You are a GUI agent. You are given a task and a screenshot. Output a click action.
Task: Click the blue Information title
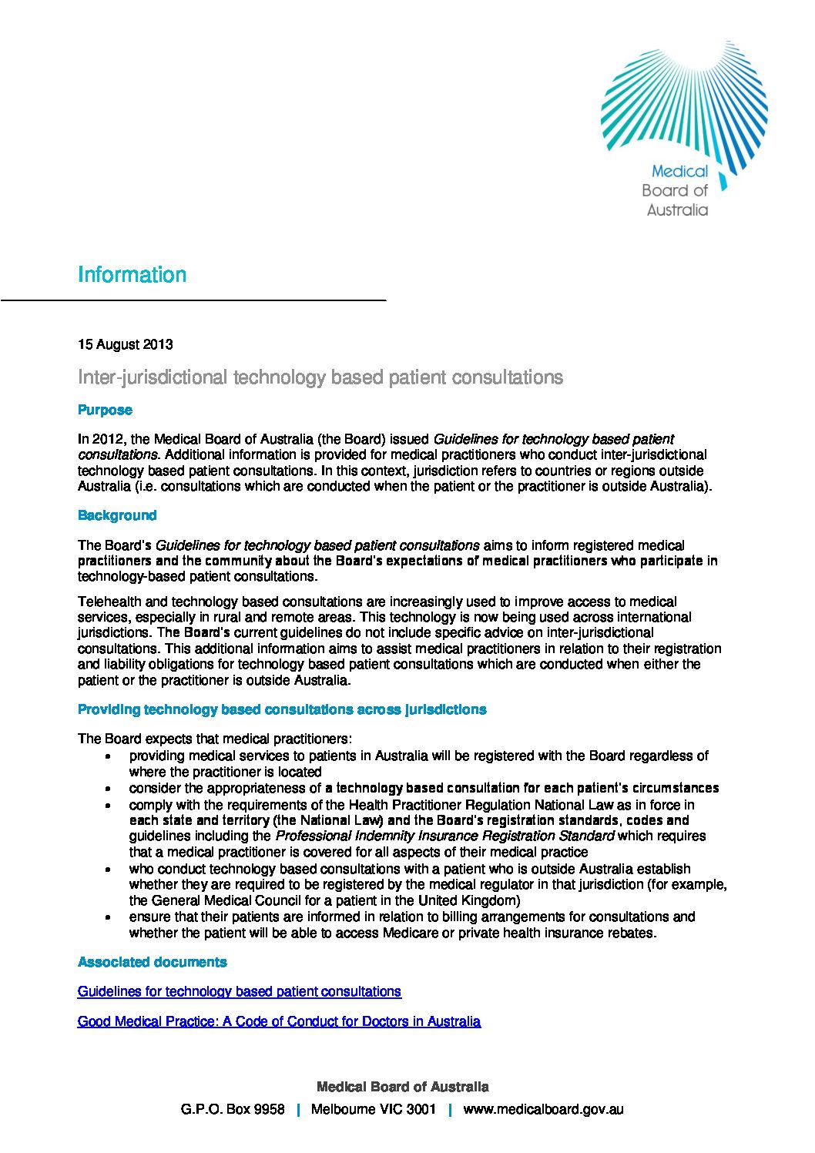click(132, 275)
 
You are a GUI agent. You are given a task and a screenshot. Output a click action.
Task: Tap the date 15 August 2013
click(125, 344)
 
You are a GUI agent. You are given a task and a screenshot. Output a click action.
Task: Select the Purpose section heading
click(105, 410)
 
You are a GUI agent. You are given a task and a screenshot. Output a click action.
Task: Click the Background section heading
click(117, 515)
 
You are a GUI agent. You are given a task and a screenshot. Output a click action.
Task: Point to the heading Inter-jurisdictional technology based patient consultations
click(320, 377)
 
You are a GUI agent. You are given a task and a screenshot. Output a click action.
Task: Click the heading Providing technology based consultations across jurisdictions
click(282, 709)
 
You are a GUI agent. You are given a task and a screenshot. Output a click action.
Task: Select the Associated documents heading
click(152, 962)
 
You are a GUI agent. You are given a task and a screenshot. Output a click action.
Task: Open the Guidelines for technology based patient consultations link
click(240, 991)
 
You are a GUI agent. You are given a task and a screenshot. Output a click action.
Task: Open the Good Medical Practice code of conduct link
click(279, 1021)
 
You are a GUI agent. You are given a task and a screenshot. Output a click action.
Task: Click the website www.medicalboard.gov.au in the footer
click(543, 1109)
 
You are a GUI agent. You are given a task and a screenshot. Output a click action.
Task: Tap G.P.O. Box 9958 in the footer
click(233, 1109)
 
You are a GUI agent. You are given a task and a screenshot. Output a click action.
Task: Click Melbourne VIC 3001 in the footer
click(374, 1109)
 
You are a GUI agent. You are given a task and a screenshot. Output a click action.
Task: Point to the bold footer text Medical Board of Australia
click(402, 1087)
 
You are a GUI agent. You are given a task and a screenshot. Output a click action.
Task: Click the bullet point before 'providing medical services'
click(112, 757)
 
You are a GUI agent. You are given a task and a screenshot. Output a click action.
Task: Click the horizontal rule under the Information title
click(193, 299)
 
